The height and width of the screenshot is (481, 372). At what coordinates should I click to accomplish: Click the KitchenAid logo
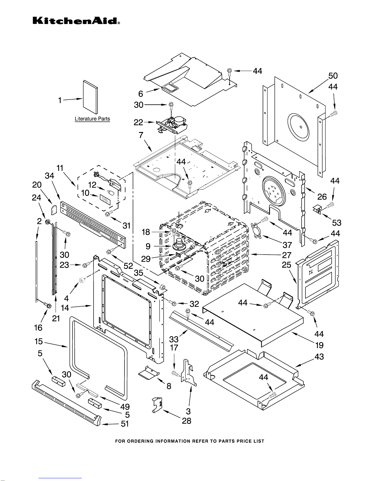[76, 21]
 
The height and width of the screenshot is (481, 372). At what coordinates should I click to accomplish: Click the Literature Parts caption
[92, 119]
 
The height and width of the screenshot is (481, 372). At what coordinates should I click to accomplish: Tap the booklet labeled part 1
[90, 98]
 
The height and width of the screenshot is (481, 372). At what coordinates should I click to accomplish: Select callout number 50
[333, 76]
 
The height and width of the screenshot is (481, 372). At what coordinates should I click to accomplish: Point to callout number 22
[138, 122]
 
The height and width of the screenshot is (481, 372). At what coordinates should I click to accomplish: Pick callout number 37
[287, 245]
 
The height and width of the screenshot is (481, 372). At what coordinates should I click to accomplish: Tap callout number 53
[336, 223]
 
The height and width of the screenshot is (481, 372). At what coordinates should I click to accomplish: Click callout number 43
[319, 357]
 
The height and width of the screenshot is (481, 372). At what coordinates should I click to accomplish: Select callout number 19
[319, 345]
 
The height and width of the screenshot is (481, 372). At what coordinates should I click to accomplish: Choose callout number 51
[125, 424]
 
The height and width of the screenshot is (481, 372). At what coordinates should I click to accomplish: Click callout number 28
[186, 421]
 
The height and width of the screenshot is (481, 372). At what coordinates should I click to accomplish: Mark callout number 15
[39, 341]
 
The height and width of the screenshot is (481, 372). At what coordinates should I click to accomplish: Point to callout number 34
[49, 176]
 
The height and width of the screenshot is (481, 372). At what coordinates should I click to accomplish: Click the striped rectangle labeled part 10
[106, 199]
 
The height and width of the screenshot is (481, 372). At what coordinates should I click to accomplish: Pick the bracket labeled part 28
[157, 404]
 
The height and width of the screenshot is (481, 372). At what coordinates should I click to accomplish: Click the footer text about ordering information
[189, 441]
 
